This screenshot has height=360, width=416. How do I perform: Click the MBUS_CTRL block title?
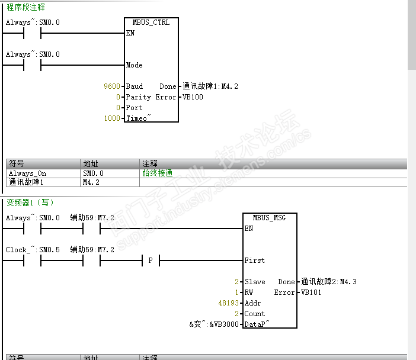pyautogui.click(x=152, y=22)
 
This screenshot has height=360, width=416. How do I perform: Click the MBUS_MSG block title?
pyautogui.click(x=270, y=218)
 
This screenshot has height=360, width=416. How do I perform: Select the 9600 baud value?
pyautogui.click(x=111, y=86)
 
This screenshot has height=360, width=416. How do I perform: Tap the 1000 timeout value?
pyautogui.click(x=111, y=118)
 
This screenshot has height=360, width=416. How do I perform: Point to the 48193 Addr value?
pyautogui.click(x=228, y=303)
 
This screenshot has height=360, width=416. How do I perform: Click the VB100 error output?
pyautogui.click(x=193, y=97)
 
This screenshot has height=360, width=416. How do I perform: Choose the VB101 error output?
pyautogui.click(x=311, y=292)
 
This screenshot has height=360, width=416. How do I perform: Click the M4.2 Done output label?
pyautogui.click(x=210, y=86)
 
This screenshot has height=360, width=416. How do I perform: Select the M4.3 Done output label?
pyautogui.click(x=329, y=282)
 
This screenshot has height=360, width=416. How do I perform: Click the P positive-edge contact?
pyautogui.click(x=151, y=261)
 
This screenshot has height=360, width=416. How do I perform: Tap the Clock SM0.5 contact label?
pyautogui.click(x=33, y=250)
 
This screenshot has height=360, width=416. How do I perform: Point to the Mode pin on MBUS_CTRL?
pyautogui.click(x=135, y=65)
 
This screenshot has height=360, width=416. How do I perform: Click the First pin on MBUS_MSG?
pyautogui.click(x=255, y=261)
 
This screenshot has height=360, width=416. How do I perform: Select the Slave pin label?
pyautogui.click(x=255, y=282)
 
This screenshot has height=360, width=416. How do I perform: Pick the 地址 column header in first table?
pyautogui.click(x=91, y=163)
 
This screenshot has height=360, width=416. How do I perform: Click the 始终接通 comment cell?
pyautogui.click(x=158, y=173)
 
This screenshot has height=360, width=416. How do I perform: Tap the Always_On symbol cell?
pyautogui.click(x=27, y=173)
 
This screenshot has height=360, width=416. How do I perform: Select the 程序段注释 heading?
pyautogui.click(x=25, y=8)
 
